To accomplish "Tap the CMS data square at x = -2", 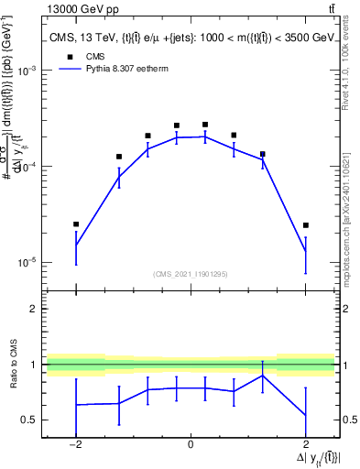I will [x=76, y=224].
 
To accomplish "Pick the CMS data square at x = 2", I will [x=306, y=225].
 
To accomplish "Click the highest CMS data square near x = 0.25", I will [x=205, y=125].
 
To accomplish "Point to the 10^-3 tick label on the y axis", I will [x=29, y=71].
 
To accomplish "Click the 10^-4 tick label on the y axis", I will [x=29, y=166].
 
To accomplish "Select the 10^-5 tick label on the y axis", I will [x=29, y=262].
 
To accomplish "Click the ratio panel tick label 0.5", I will [x=32, y=420].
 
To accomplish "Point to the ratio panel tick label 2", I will [x=36, y=310].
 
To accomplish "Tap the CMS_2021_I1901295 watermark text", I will [x=191, y=274].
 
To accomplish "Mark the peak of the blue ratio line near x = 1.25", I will [x=263, y=376].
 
